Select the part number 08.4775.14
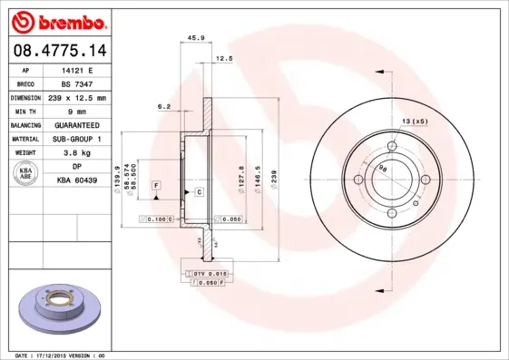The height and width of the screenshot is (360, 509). pos(57,52)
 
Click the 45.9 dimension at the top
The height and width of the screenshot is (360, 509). pos(194,38)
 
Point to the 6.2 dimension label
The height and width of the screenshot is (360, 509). pos(164,106)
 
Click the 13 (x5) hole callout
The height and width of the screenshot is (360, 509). pos(416,121)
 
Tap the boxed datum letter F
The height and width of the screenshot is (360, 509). pos(157,185)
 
